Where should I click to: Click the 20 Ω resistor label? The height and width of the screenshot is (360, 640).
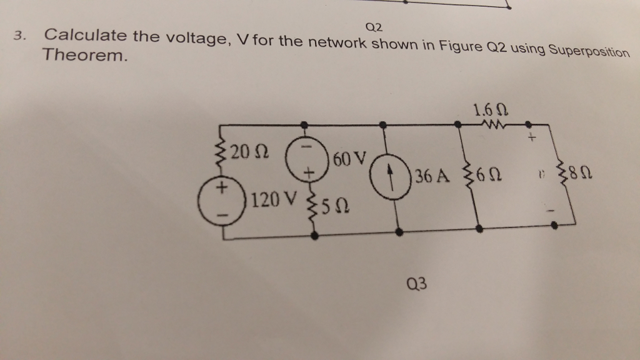click(249, 152)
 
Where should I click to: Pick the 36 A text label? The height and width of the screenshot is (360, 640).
click(432, 176)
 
